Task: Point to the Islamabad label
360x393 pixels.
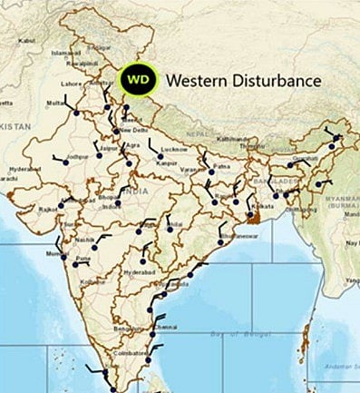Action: click(x=66, y=53)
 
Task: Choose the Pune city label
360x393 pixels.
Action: click(x=83, y=259)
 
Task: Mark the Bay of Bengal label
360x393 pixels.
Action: click(x=224, y=336)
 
